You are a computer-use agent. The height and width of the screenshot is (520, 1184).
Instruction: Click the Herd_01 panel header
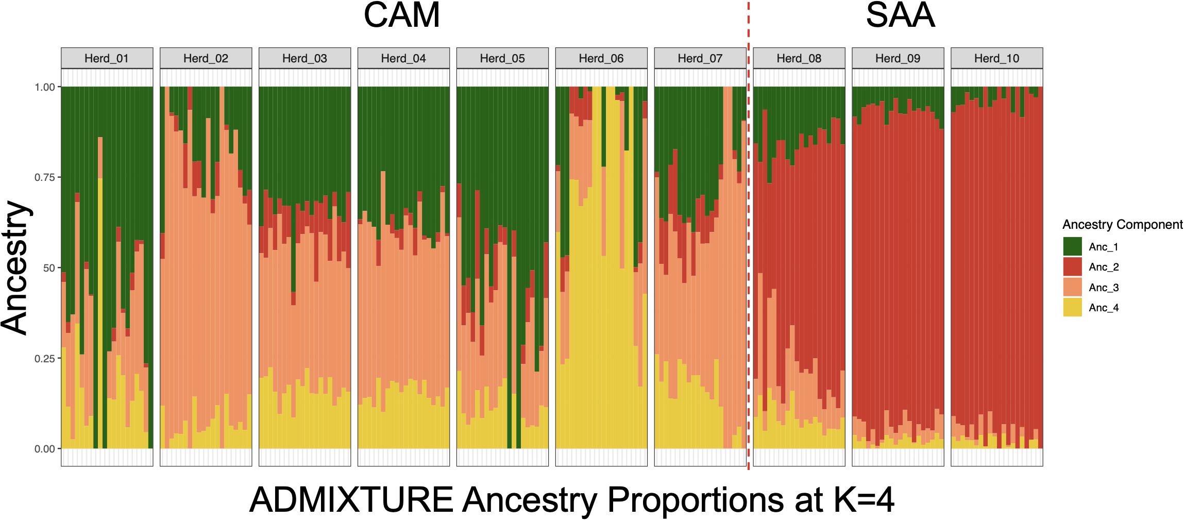[107, 58]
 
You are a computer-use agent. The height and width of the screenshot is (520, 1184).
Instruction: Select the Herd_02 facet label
[206, 58]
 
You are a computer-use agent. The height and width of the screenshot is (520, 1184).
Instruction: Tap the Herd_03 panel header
[305, 58]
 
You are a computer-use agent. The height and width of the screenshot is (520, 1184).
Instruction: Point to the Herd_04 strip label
[403, 58]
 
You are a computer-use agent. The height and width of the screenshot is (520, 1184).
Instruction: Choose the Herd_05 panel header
[502, 58]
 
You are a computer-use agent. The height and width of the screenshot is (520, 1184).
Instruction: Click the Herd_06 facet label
[601, 58]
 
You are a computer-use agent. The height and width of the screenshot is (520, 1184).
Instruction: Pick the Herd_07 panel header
[700, 58]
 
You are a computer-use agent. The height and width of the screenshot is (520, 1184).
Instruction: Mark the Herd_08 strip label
[799, 58]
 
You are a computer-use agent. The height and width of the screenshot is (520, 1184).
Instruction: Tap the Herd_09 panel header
[898, 58]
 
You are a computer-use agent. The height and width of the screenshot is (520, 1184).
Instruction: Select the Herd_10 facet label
[997, 58]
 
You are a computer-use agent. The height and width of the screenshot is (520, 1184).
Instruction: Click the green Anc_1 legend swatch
[1072, 246]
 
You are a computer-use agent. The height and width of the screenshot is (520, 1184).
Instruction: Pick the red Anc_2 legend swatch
[1072, 267]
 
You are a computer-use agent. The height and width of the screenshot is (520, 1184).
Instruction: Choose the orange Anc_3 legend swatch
[1072, 287]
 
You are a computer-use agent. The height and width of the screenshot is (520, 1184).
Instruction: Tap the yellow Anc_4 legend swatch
[1072, 307]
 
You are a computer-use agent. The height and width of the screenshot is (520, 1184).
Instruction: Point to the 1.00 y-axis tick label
[45, 87]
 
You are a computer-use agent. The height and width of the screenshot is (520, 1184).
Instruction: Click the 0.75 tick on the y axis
[45, 177]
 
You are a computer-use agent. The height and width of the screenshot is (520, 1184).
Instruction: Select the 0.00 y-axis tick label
[45, 449]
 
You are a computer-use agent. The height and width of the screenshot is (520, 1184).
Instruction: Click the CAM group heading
[402, 15]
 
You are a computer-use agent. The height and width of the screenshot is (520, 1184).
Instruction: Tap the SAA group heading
[900, 15]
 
